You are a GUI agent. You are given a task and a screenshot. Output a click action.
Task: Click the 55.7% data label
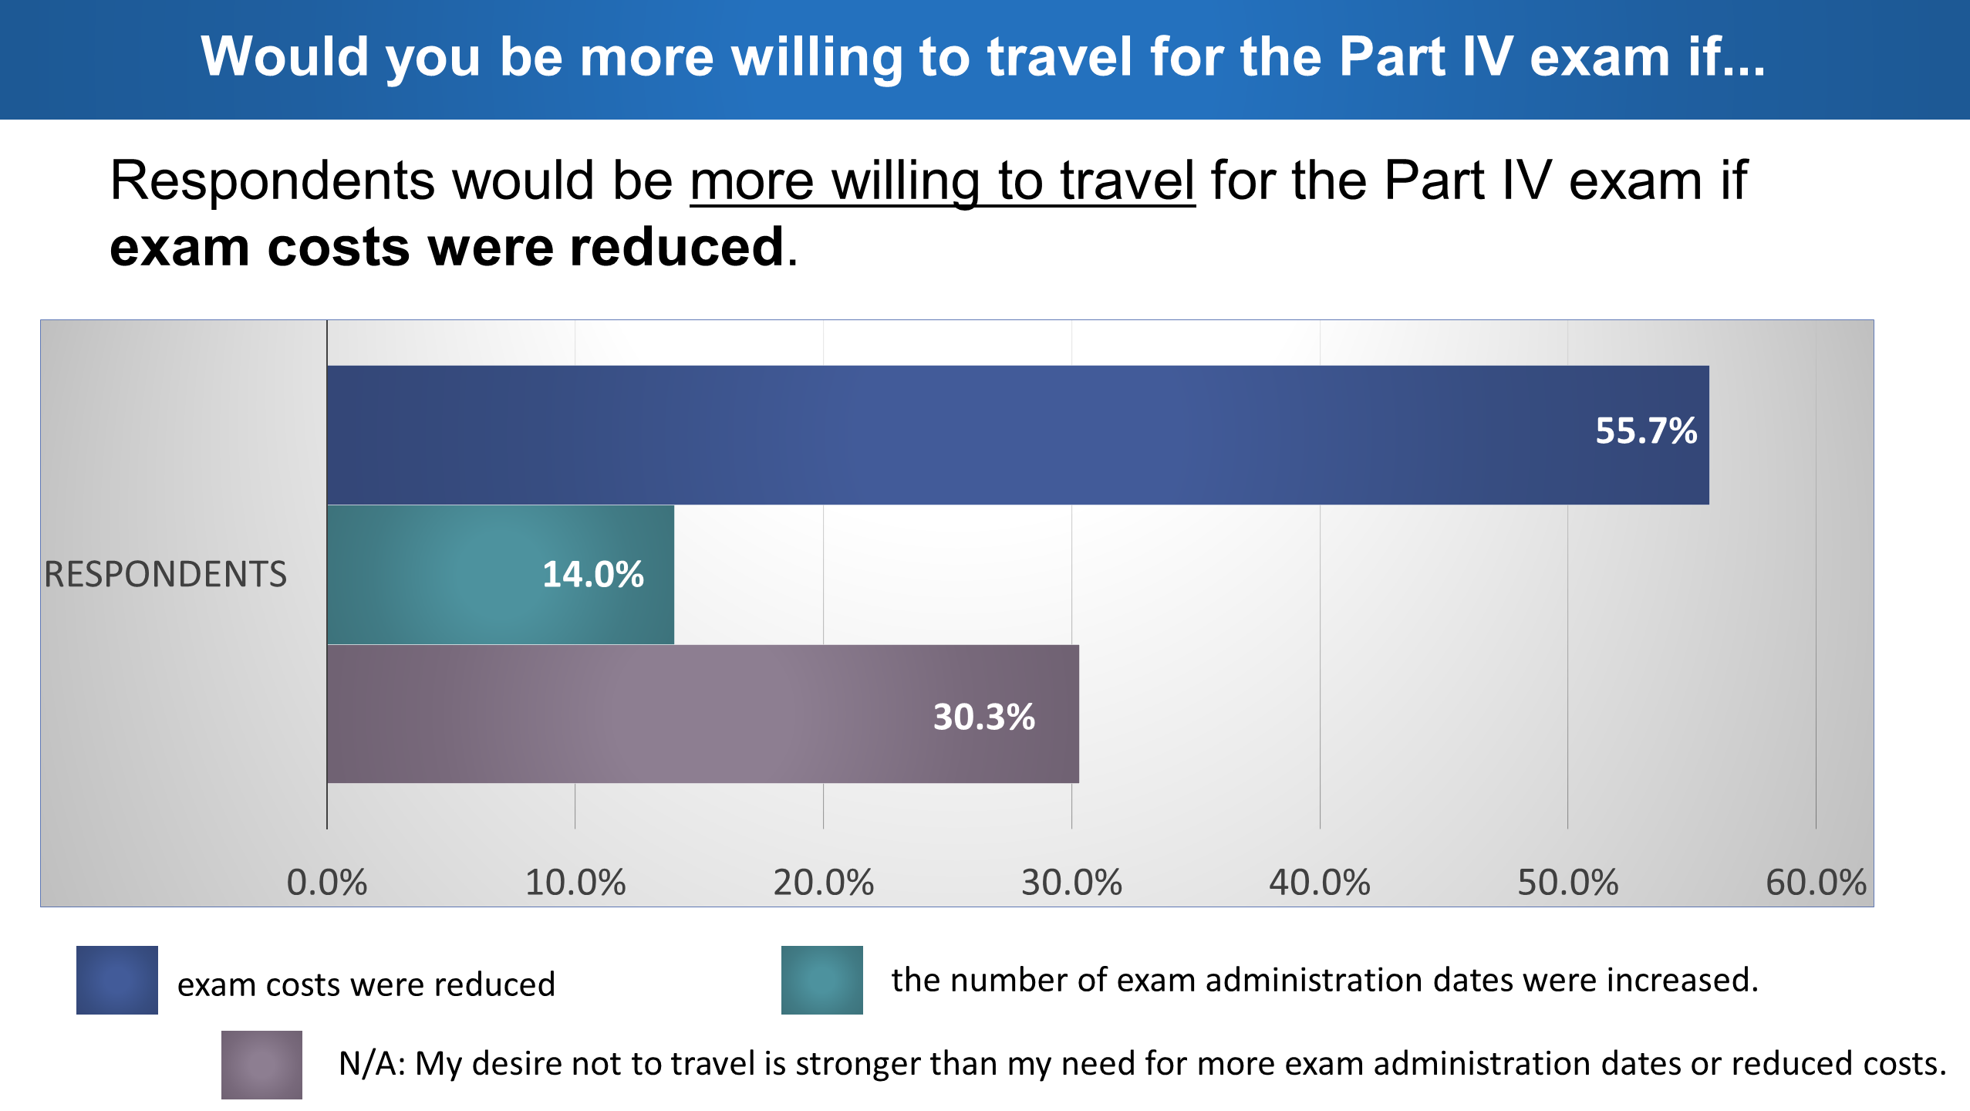point(1646,431)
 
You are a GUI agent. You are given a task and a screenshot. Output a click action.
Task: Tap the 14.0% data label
point(592,574)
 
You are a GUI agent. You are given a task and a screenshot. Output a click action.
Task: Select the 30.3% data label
point(983,717)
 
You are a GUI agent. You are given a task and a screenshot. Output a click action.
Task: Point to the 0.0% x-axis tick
point(327,882)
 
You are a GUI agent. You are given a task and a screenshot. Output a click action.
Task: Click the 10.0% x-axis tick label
point(575,882)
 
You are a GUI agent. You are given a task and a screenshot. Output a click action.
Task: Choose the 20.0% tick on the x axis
point(823,882)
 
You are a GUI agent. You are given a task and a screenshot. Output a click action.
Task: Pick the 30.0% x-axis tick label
point(1071,882)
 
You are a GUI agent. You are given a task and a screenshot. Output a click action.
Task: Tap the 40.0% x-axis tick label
point(1320,882)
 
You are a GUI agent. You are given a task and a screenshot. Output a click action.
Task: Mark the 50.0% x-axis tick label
point(1567,882)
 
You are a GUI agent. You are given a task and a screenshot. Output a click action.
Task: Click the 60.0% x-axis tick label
point(1816,882)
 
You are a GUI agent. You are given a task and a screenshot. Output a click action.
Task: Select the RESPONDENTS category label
point(165,574)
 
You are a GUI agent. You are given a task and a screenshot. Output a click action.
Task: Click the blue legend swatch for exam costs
point(117,980)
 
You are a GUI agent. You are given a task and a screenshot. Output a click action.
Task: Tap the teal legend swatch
point(822,980)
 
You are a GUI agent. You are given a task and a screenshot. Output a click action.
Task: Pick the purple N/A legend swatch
point(261,1065)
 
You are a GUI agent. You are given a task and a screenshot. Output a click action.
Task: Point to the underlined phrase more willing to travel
point(943,182)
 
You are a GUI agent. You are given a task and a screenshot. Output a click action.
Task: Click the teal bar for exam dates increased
point(501,575)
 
